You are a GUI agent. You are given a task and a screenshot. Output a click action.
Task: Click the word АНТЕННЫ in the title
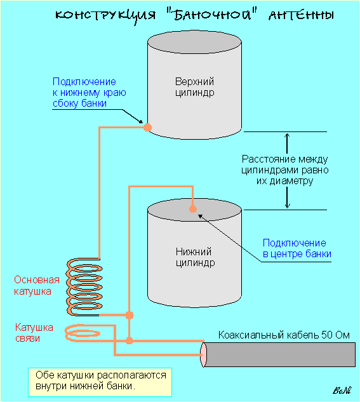point(301,15)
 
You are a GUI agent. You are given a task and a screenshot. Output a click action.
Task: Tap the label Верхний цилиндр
point(194,87)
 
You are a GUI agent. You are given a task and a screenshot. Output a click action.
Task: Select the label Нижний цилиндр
point(195,257)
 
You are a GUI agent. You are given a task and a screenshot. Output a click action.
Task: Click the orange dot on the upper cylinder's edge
point(147,127)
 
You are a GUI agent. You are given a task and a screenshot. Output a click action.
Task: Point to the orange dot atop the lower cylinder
point(192,209)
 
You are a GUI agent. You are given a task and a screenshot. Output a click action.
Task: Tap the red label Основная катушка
point(36,285)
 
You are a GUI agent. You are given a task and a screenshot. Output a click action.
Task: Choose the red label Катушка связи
point(34,333)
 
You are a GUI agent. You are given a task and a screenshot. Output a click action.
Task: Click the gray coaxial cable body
point(279,354)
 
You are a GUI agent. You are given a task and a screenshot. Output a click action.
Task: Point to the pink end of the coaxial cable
point(203,354)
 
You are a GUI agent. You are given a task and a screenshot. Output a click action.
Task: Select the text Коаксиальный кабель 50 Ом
point(284,335)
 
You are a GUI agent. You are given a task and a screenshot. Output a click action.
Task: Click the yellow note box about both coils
point(100,382)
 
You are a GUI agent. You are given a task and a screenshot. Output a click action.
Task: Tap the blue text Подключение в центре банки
point(297,248)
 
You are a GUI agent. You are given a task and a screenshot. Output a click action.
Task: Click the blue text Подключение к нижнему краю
point(89,87)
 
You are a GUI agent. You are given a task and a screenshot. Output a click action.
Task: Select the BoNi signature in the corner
point(342,390)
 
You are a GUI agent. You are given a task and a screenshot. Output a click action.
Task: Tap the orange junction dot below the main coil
point(130,315)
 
